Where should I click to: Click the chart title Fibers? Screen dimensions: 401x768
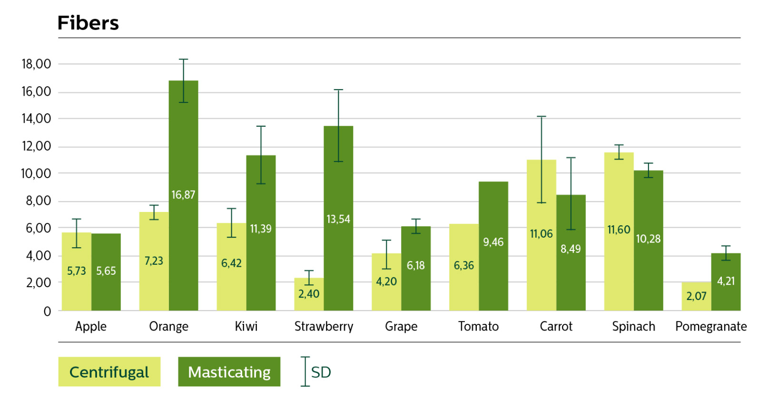coord(88,23)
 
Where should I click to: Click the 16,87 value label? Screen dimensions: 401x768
coord(183,195)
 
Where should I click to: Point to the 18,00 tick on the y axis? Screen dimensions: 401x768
coord(36,64)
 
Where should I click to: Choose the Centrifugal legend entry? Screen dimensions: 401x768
coord(109,372)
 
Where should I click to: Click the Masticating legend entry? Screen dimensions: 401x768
coord(229,372)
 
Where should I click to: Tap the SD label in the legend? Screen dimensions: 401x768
coord(321,372)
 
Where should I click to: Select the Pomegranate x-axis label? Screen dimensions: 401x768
coord(711,327)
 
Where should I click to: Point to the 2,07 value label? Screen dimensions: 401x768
coord(696,296)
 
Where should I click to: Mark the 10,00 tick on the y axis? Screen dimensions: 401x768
coord(36,173)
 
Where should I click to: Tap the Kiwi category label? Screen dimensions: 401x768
coord(246,327)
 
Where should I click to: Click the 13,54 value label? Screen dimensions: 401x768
coord(338,219)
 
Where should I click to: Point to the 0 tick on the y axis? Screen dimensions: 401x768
coord(47,311)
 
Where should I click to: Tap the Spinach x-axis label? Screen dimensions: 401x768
coord(633,327)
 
